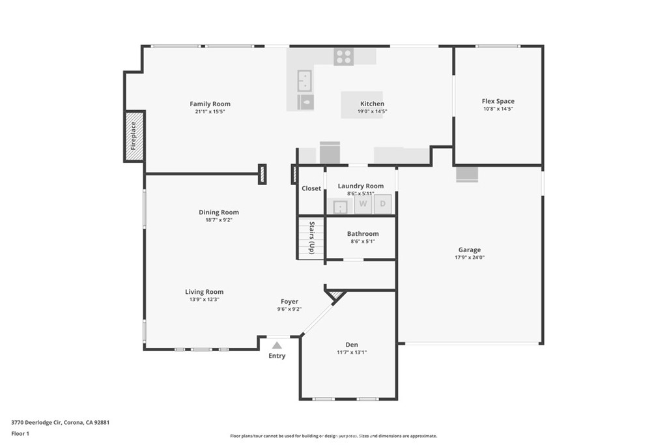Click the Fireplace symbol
[x=134, y=136]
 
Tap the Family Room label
[x=210, y=104]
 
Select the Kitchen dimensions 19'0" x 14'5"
[x=372, y=111]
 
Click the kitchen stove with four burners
[x=343, y=57]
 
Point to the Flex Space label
[x=498, y=101]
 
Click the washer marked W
[x=363, y=204]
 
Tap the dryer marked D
[x=383, y=204]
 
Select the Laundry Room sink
[x=340, y=207]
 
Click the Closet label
[x=311, y=188]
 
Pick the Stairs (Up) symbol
[x=311, y=238]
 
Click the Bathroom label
[x=363, y=234]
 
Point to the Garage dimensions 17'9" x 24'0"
[x=469, y=257]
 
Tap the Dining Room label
[x=219, y=212]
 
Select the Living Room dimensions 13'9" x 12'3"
[x=204, y=300]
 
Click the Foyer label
[x=289, y=301]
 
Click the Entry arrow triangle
[x=277, y=345]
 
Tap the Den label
[x=352, y=345]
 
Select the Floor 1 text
[x=20, y=433]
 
